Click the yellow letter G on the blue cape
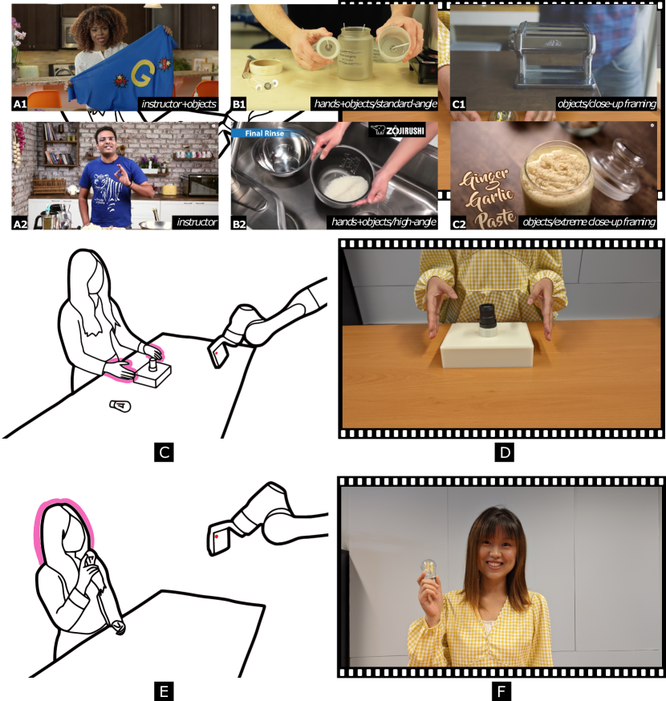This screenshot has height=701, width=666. (x=144, y=73)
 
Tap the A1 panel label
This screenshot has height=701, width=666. (x=20, y=104)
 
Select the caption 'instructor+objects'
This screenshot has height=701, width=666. (x=179, y=104)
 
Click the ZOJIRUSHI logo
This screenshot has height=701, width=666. (x=397, y=130)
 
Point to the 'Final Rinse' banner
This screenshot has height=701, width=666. (x=264, y=133)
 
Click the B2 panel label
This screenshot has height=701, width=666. (x=239, y=224)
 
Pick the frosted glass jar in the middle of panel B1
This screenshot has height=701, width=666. (x=355, y=52)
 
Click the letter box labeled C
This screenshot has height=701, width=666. (x=164, y=452)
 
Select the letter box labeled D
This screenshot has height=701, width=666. (x=505, y=452)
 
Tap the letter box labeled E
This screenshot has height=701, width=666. (x=164, y=691)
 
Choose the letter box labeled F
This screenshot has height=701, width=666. (x=501, y=691)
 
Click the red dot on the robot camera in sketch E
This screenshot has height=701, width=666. (x=217, y=536)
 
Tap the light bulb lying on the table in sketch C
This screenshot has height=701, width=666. (x=120, y=406)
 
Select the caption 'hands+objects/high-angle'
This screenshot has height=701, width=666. (x=384, y=222)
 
